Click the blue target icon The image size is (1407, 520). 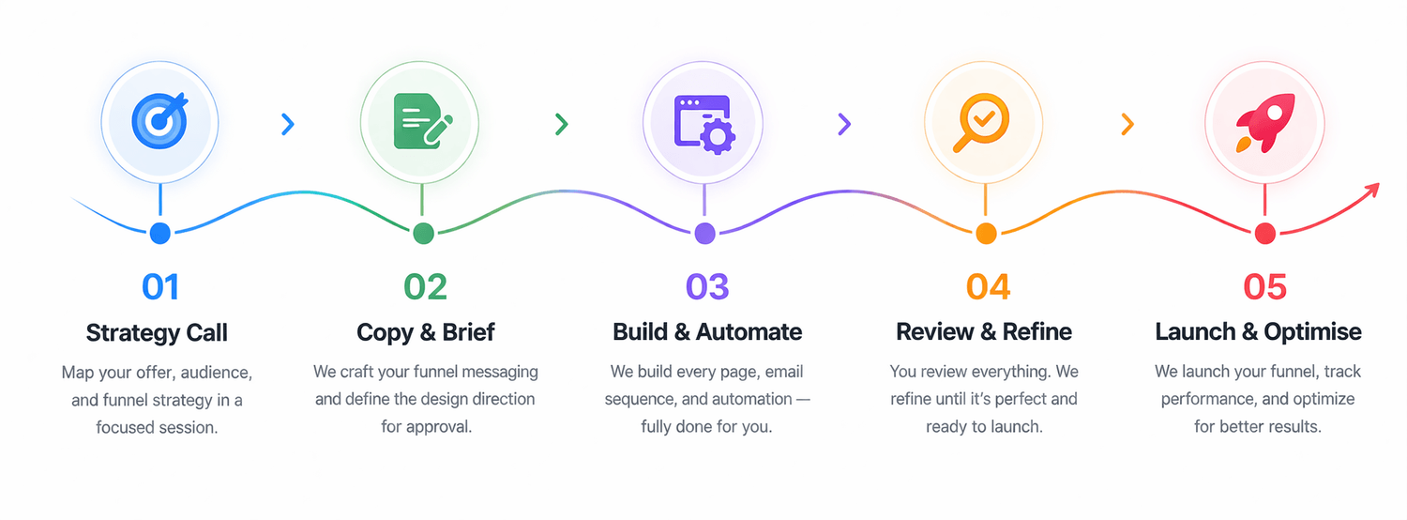[159, 121]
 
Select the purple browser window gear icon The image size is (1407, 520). [704, 124]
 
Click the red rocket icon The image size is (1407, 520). [1265, 123]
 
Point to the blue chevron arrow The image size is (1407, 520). [288, 124]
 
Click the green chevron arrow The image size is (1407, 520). [562, 124]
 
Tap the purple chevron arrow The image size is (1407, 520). [844, 124]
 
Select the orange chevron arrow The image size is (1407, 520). [1127, 124]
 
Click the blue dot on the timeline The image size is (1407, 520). [160, 234]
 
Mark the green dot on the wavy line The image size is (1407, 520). [423, 234]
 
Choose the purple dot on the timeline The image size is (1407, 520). [704, 234]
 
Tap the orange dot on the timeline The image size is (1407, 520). [986, 234]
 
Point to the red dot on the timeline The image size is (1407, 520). [1265, 234]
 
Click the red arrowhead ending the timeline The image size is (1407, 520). [1371, 190]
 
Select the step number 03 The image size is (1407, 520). [707, 286]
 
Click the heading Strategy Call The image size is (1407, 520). [157, 332]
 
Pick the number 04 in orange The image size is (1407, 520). [988, 286]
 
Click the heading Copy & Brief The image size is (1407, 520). [426, 332]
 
